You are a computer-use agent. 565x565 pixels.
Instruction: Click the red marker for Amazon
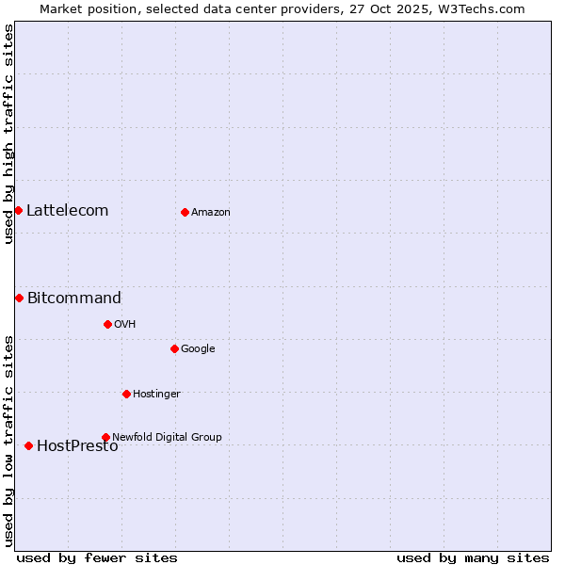[x=185, y=212]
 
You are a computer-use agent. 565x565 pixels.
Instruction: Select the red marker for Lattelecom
[x=18, y=210]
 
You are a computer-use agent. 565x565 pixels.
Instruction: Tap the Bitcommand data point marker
[x=19, y=298]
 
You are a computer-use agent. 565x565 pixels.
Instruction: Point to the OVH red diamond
[x=107, y=324]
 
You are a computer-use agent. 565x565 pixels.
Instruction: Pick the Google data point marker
[x=174, y=348]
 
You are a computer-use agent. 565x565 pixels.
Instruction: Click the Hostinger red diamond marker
[x=126, y=394]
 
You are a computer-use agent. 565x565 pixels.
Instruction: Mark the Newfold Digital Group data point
[x=105, y=437]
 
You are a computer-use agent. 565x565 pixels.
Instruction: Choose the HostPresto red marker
[x=28, y=445]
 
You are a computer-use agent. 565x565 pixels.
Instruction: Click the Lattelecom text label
[x=67, y=211]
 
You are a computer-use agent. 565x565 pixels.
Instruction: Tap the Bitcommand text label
[x=73, y=299]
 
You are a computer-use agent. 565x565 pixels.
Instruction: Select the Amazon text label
[x=210, y=213]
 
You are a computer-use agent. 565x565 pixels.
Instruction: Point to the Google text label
[x=198, y=349]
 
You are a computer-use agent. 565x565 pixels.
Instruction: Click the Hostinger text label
[x=156, y=395]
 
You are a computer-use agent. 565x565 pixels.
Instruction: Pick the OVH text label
[x=124, y=325]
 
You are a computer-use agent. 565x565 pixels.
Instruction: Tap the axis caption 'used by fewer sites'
[x=97, y=557]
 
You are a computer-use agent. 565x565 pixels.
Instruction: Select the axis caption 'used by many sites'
[x=473, y=557]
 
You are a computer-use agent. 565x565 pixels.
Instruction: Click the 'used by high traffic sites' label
[x=8, y=134]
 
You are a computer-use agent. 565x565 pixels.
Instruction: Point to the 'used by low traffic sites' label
[x=8, y=440]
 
